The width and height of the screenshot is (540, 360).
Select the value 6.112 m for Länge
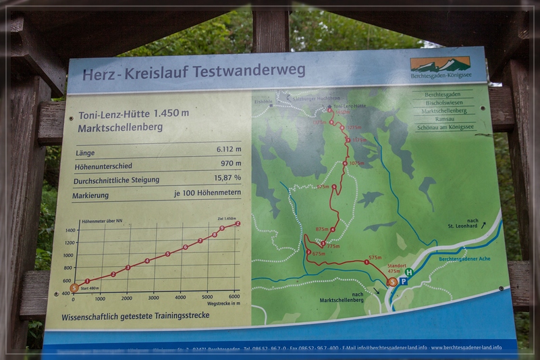coord(229,149)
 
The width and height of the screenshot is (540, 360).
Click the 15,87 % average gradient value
coord(227,178)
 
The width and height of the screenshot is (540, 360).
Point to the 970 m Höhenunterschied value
coord(230,163)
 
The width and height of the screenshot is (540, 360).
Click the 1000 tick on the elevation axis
coord(69,255)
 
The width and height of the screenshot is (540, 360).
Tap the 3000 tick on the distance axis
coord(153,298)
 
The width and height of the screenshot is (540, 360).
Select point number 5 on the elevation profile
coord(167,254)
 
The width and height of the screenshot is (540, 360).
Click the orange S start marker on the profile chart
coord(74,288)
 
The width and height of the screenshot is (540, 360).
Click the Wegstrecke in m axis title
coord(223,304)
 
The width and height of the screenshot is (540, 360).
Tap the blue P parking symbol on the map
coord(403,281)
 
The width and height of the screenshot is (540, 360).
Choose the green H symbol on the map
coord(408,272)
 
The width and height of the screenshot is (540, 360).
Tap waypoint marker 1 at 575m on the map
coord(367,262)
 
